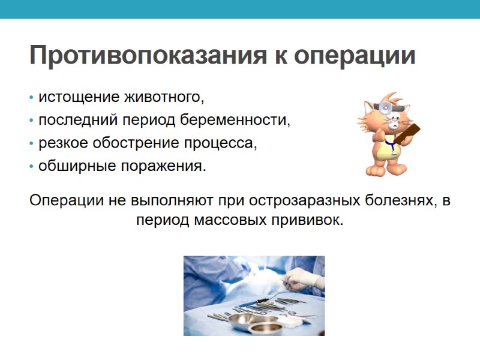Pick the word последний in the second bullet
pos(77,120)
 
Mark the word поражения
pos(163,166)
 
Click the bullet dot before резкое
pos(31,144)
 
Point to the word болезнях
pos(389,200)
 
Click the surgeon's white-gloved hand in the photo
pos(298,277)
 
